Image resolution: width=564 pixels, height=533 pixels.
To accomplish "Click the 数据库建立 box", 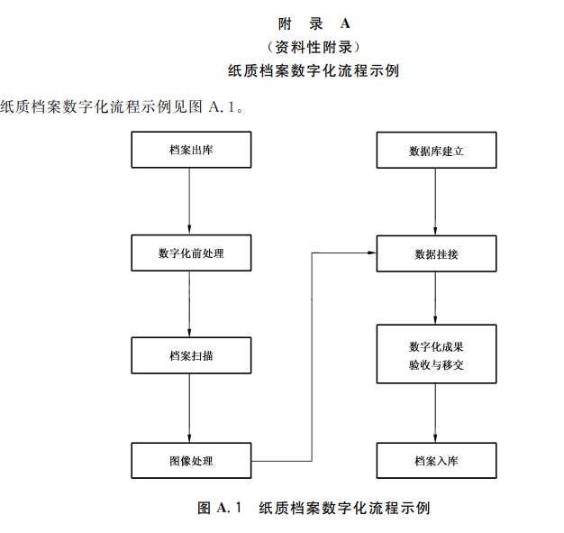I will point(436,151).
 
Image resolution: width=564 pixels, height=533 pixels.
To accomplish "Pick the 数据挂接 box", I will point(436,253).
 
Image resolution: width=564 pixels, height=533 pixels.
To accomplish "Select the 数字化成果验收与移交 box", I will point(436,356).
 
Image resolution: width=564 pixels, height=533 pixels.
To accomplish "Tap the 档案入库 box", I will point(436,460).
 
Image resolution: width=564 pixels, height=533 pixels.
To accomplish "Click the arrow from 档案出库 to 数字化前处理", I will point(190,201).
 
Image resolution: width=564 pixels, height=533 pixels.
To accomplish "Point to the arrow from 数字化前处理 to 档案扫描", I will point(190,304).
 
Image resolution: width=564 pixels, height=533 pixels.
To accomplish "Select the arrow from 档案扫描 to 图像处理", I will point(190,408).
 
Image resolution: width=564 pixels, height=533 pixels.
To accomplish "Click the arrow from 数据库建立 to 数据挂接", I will point(436,201).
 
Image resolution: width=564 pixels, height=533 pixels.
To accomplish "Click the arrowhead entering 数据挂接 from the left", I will point(370,253).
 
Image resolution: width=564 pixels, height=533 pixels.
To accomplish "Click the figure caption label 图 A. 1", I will point(221,508).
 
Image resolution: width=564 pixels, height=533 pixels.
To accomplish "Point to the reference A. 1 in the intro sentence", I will point(223,106).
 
